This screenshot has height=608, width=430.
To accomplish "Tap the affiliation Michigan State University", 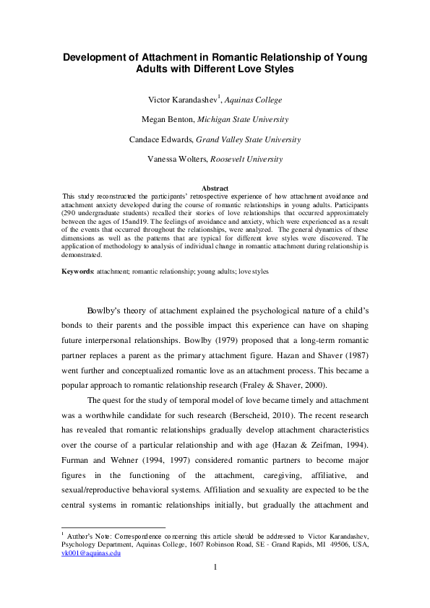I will tap(244, 119).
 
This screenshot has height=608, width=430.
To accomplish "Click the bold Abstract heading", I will tap(215, 188).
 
